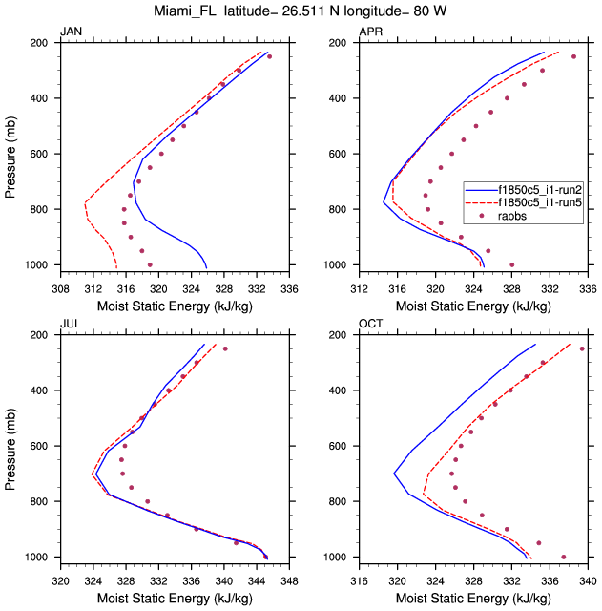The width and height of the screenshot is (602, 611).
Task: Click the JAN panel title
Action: click(72, 32)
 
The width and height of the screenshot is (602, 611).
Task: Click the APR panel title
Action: click(371, 32)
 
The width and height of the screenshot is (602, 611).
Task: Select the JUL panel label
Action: click(71, 325)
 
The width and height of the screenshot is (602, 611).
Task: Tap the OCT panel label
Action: click(371, 325)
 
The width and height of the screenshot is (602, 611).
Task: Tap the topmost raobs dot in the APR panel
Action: click(573, 56)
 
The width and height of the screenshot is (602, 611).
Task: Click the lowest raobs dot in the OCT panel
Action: click(564, 557)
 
